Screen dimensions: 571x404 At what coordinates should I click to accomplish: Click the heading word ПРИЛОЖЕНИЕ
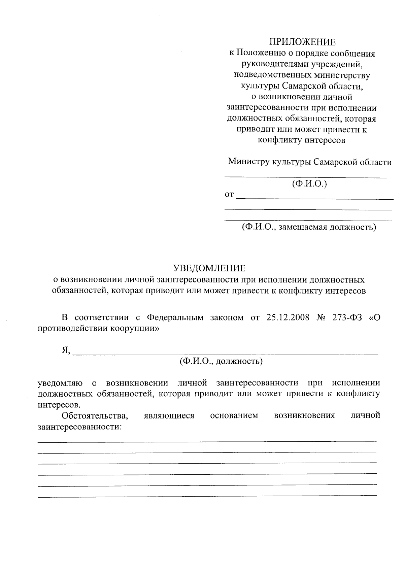pos(302,42)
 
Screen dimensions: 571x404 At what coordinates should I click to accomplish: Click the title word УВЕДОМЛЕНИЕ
pos(209,268)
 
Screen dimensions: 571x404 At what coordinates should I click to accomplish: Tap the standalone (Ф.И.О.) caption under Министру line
pos(309,184)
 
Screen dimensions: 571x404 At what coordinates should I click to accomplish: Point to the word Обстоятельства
pos(95,415)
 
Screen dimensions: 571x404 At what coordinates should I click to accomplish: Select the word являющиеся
pos(169,415)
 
